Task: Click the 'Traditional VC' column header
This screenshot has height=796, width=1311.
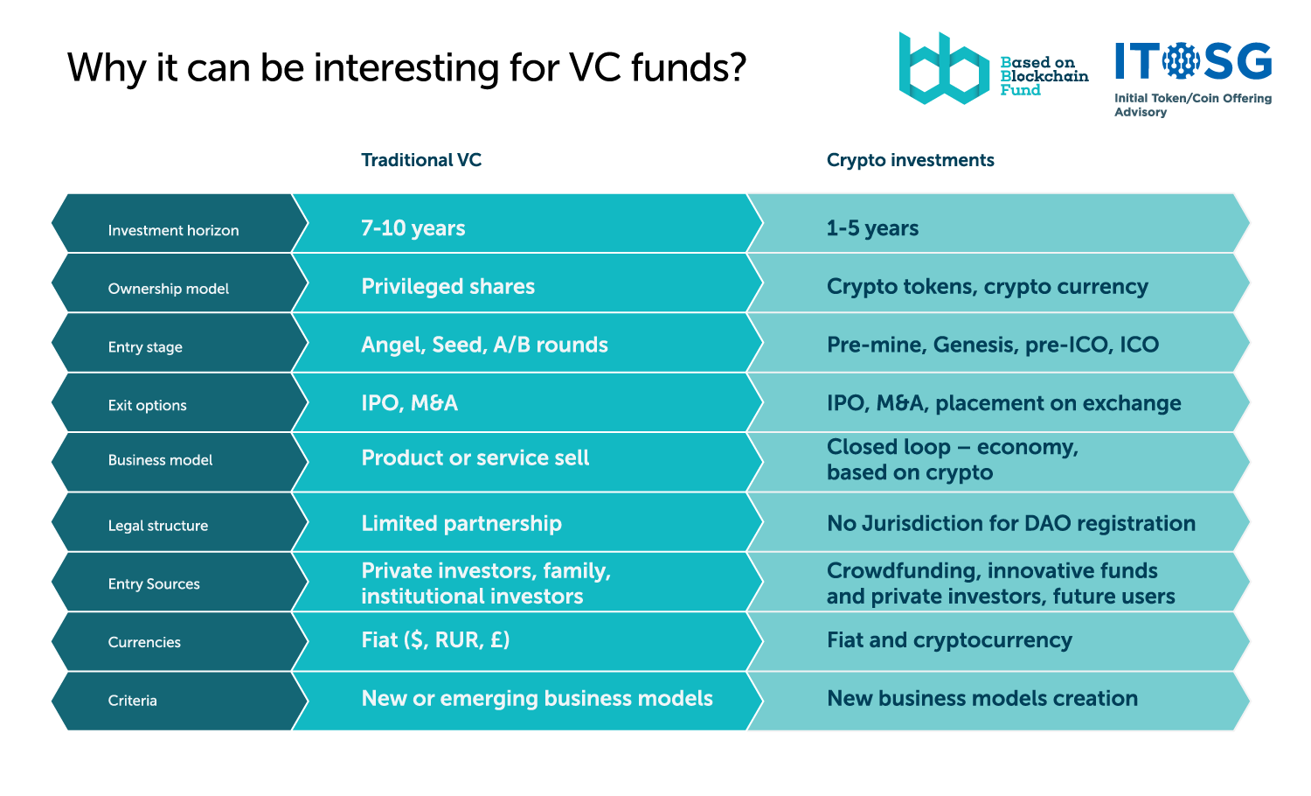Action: (x=420, y=160)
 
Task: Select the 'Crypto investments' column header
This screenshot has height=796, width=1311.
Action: (x=910, y=160)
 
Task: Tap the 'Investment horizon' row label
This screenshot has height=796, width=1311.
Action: (x=173, y=230)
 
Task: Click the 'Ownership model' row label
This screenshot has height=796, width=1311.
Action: (x=168, y=289)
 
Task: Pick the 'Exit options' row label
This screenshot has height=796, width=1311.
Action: (x=147, y=405)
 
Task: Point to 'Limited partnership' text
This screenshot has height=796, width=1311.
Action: (x=461, y=523)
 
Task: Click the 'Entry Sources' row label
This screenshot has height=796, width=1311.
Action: (x=153, y=584)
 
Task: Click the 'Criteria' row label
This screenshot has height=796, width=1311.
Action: (x=132, y=701)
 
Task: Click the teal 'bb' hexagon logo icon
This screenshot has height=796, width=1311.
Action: (x=943, y=68)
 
